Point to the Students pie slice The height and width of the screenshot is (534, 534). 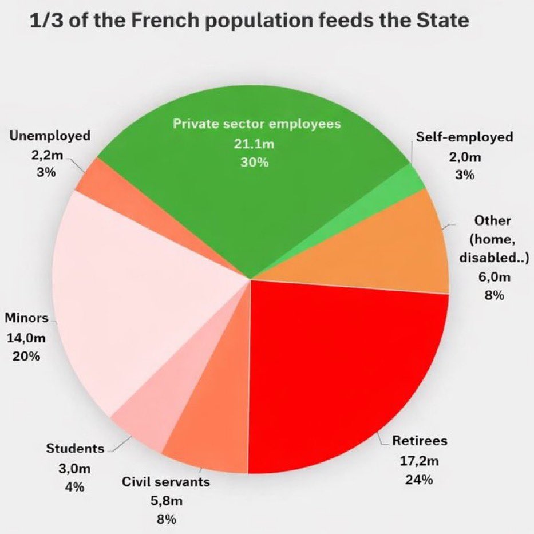coord(140,424)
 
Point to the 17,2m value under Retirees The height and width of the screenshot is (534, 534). coord(419,460)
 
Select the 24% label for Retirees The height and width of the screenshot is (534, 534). coord(419,480)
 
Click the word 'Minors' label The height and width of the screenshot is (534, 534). coord(26,318)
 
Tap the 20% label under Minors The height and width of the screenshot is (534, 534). coord(26,356)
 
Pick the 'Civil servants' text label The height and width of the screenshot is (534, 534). coord(166,482)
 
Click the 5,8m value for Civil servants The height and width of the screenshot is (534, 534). coord(166,501)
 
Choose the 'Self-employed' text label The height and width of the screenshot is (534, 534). coord(465,137)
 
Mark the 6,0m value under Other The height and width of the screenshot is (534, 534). coord(489,276)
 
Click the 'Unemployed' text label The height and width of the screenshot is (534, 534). coord(50,136)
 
